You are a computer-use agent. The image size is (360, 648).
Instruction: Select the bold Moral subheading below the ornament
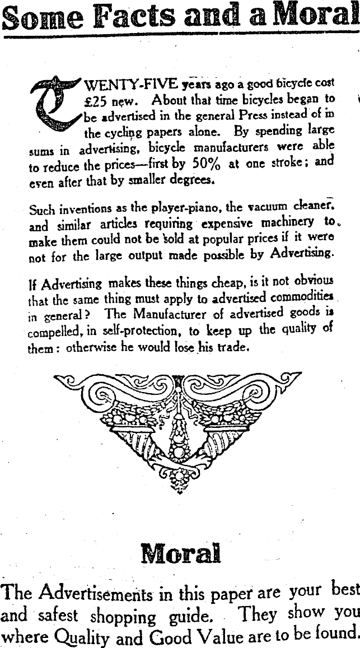pyautogui.click(x=180, y=553)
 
